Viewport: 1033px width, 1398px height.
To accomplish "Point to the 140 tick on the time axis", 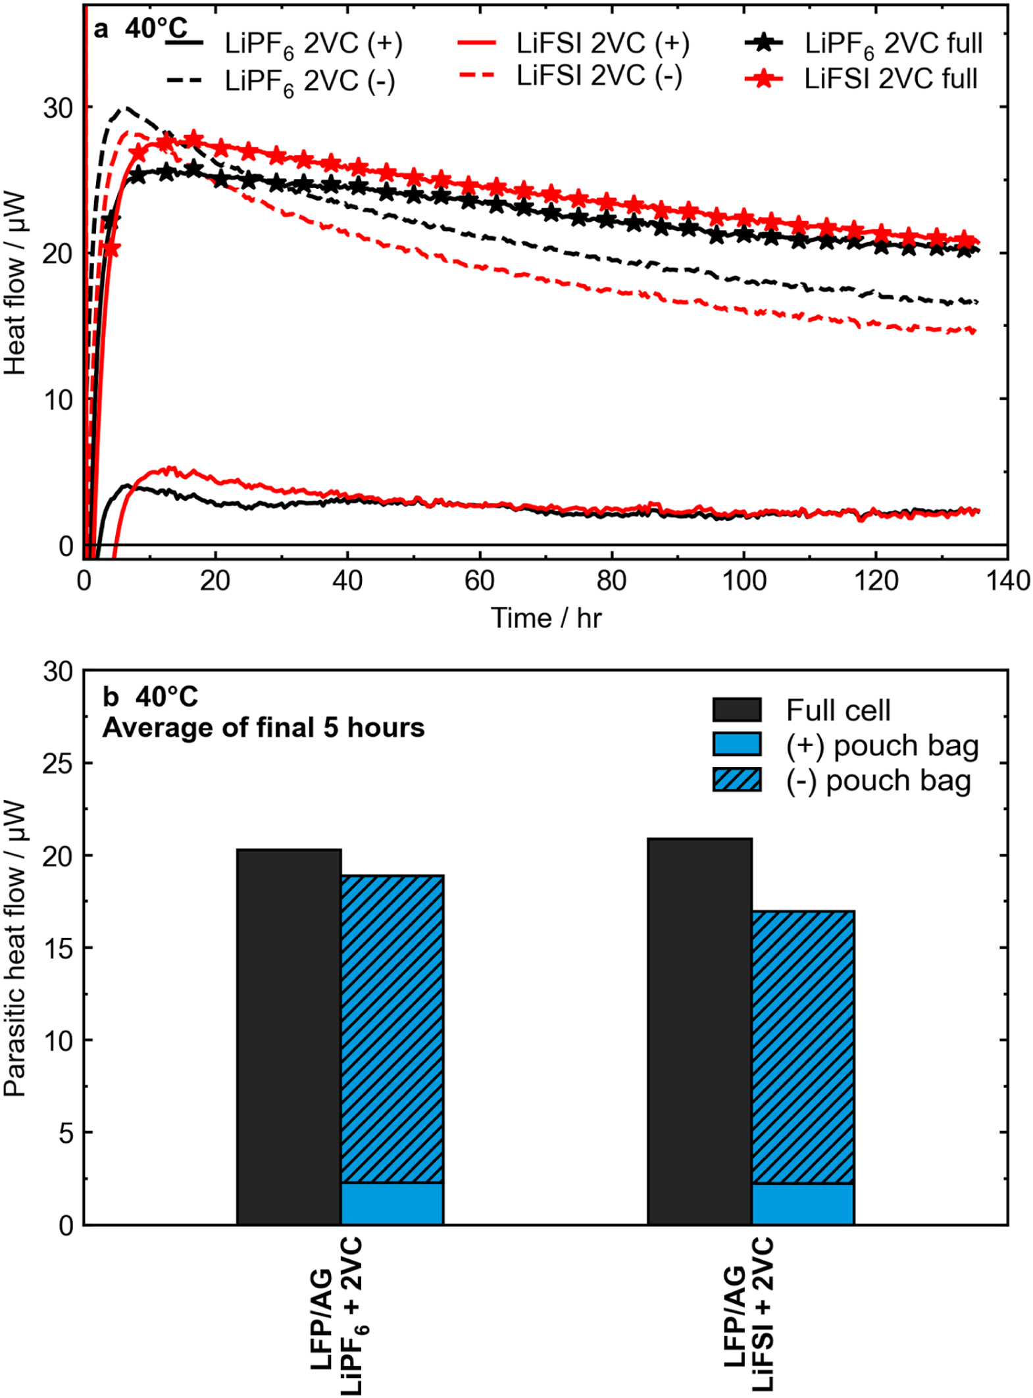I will [x=1007, y=580].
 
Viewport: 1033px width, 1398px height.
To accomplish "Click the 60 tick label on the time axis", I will [x=480, y=580].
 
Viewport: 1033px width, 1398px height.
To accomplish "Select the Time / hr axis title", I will [x=545, y=618].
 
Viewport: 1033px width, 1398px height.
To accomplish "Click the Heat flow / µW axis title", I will [x=14, y=283].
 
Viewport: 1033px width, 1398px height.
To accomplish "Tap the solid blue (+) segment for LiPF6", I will [x=392, y=1203].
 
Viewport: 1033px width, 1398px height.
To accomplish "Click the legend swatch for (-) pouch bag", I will [x=737, y=780].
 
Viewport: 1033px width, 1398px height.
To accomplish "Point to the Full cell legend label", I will [x=838, y=710].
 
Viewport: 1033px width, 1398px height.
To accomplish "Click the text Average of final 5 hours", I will [x=263, y=728].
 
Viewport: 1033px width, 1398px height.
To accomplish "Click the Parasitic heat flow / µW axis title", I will [x=14, y=947].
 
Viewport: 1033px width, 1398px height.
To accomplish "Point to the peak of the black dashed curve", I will [x=126, y=107].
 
